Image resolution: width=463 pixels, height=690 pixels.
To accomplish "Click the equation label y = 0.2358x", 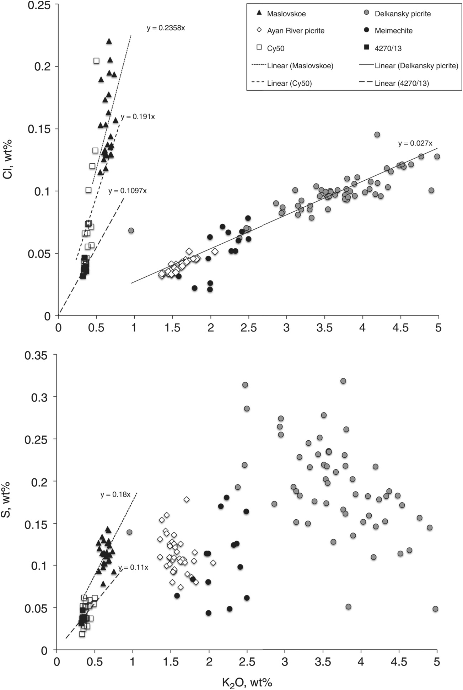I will click(x=166, y=28).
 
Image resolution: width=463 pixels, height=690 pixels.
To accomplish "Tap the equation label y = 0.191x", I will click(x=138, y=117).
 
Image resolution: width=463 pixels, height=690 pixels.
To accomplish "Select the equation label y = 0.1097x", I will click(x=127, y=191).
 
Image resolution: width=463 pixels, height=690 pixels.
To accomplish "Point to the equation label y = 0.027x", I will click(x=415, y=143).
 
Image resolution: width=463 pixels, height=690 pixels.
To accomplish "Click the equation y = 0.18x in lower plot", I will click(x=115, y=494).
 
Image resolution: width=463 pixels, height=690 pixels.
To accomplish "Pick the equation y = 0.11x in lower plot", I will click(x=133, y=567).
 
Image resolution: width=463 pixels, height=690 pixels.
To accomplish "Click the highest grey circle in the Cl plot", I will click(x=377, y=134).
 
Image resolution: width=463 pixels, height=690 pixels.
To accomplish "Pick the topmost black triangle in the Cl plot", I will click(x=109, y=41).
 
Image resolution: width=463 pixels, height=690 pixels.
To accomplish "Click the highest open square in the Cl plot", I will click(x=96, y=61).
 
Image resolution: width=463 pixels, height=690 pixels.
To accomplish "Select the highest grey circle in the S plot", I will click(x=343, y=381).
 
